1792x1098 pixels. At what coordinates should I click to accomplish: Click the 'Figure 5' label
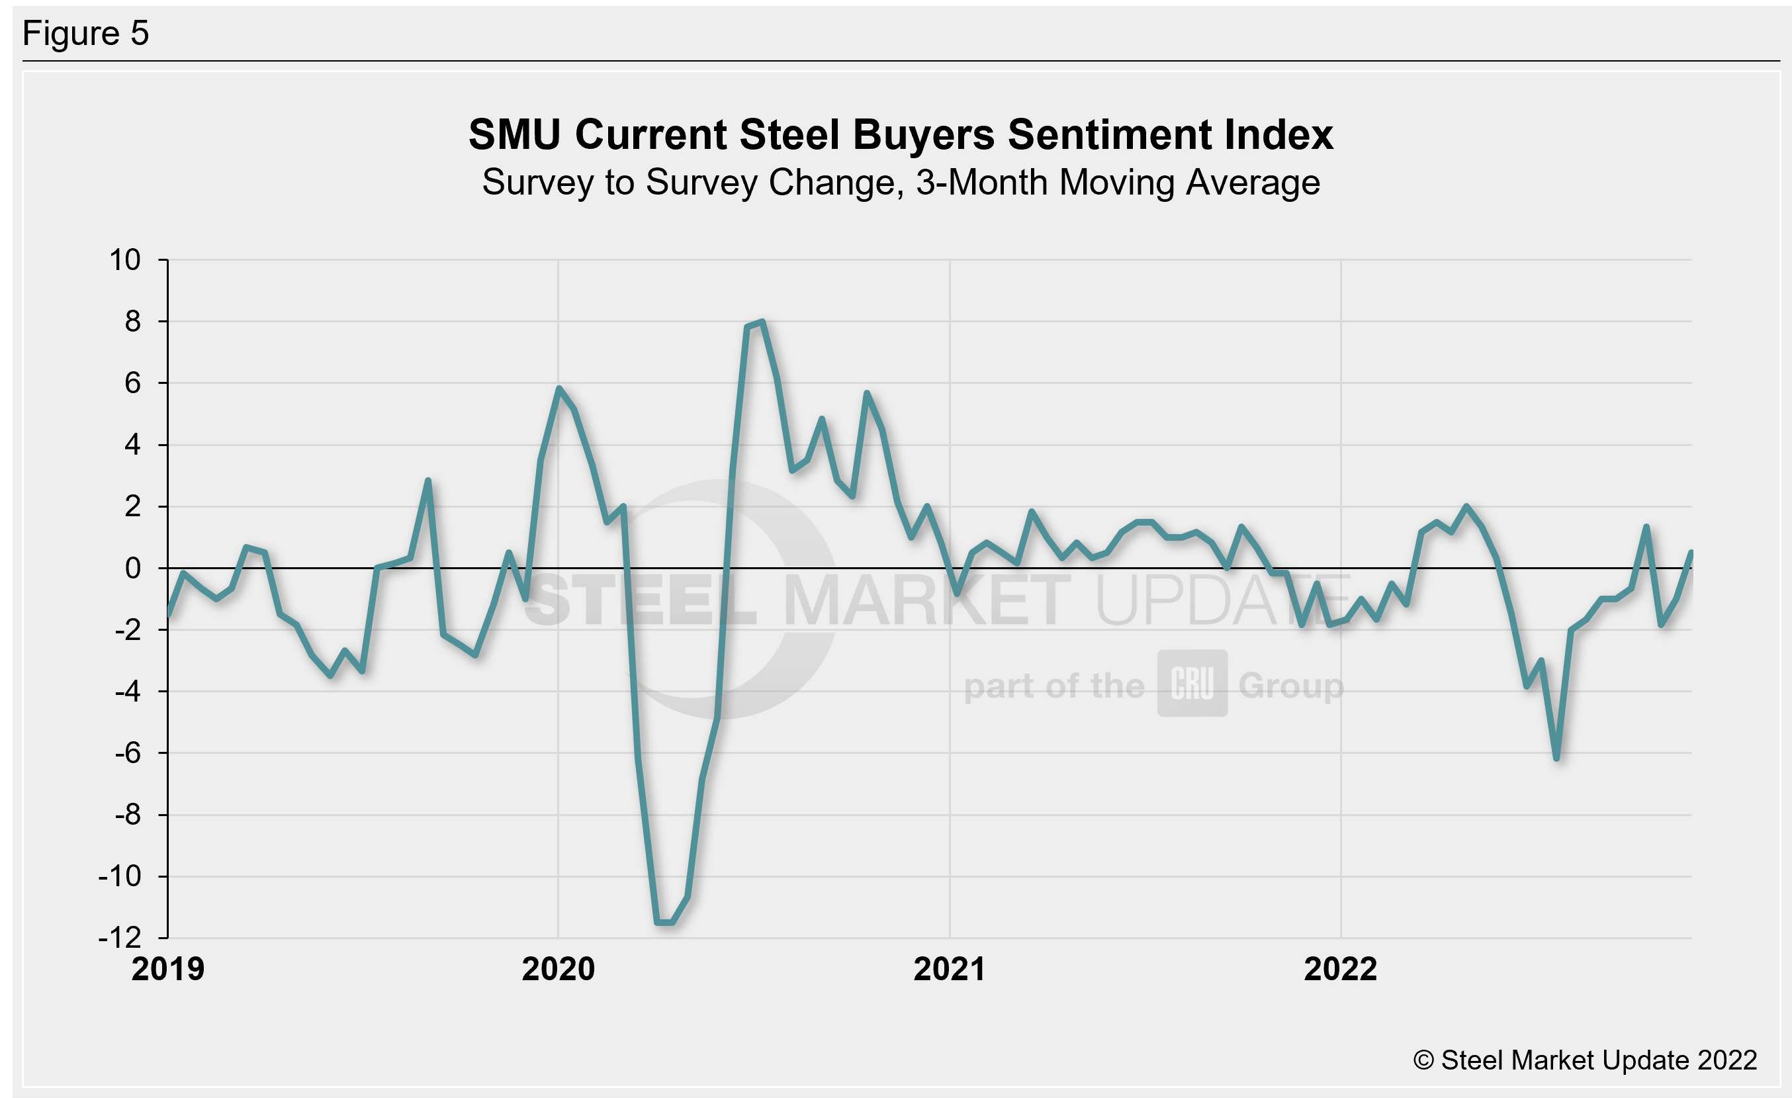tap(86, 34)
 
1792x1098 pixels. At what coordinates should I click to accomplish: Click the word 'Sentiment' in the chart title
tap(1108, 134)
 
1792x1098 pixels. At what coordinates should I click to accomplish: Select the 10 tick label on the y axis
tap(124, 259)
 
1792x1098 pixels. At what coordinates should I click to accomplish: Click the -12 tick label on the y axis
tap(120, 938)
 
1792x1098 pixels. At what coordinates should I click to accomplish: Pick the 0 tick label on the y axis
tap(132, 568)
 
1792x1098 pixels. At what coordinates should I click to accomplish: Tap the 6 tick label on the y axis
tap(132, 383)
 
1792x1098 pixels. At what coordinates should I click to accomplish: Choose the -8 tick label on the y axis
tap(127, 815)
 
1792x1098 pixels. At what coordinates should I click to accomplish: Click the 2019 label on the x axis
tap(168, 970)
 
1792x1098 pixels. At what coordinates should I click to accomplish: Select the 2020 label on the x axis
tap(559, 970)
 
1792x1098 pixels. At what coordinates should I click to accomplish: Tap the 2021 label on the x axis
tap(949, 970)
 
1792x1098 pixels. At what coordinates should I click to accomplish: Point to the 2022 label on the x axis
tap(1341, 970)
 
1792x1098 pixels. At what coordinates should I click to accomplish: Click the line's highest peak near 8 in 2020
tap(762, 322)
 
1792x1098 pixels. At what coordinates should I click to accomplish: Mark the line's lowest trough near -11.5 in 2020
tap(664, 923)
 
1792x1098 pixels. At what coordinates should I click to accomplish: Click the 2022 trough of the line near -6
tap(1556, 758)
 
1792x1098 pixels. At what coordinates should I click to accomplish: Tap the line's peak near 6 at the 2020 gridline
tap(559, 389)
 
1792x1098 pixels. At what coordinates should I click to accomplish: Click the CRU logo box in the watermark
tap(1192, 684)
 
